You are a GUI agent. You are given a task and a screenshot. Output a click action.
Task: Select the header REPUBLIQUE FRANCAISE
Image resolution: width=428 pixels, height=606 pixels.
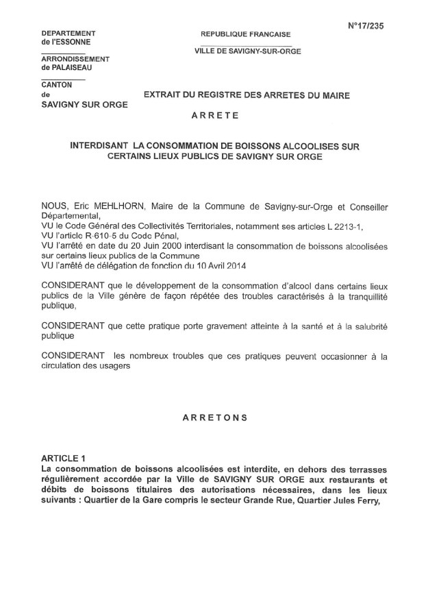(x=245, y=34)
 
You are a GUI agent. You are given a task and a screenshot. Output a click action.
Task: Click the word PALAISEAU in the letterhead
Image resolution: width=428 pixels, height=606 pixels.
(x=66, y=67)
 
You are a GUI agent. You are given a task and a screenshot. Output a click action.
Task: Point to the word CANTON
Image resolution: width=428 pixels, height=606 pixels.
(x=57, y=85)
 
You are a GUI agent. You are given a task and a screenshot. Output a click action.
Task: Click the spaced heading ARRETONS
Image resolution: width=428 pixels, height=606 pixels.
(x=214, y=417)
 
